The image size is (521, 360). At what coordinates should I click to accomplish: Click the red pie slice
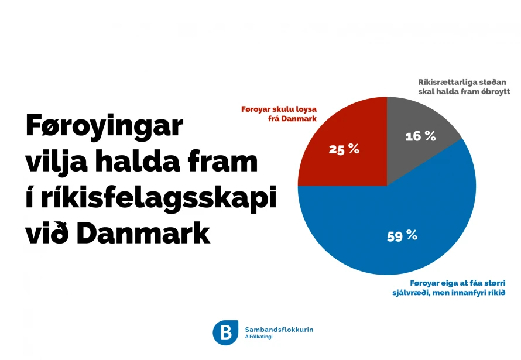tap(349, 146)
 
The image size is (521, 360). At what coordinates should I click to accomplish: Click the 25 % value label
tap(344, 149)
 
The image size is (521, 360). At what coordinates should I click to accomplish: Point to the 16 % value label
tap(420, 136)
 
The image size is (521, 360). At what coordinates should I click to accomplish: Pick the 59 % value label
tap(402, 236)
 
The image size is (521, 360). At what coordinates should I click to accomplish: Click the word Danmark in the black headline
tap(143, 233)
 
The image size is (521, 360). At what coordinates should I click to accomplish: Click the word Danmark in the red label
tap(299, 119)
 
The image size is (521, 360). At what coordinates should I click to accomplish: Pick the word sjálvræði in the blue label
tap(411, 293)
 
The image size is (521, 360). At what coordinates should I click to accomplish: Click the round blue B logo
tap(225, 332)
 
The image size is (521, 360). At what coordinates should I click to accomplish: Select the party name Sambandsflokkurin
tap(279, 330)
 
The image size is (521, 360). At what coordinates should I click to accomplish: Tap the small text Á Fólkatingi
tap(259, 337)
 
